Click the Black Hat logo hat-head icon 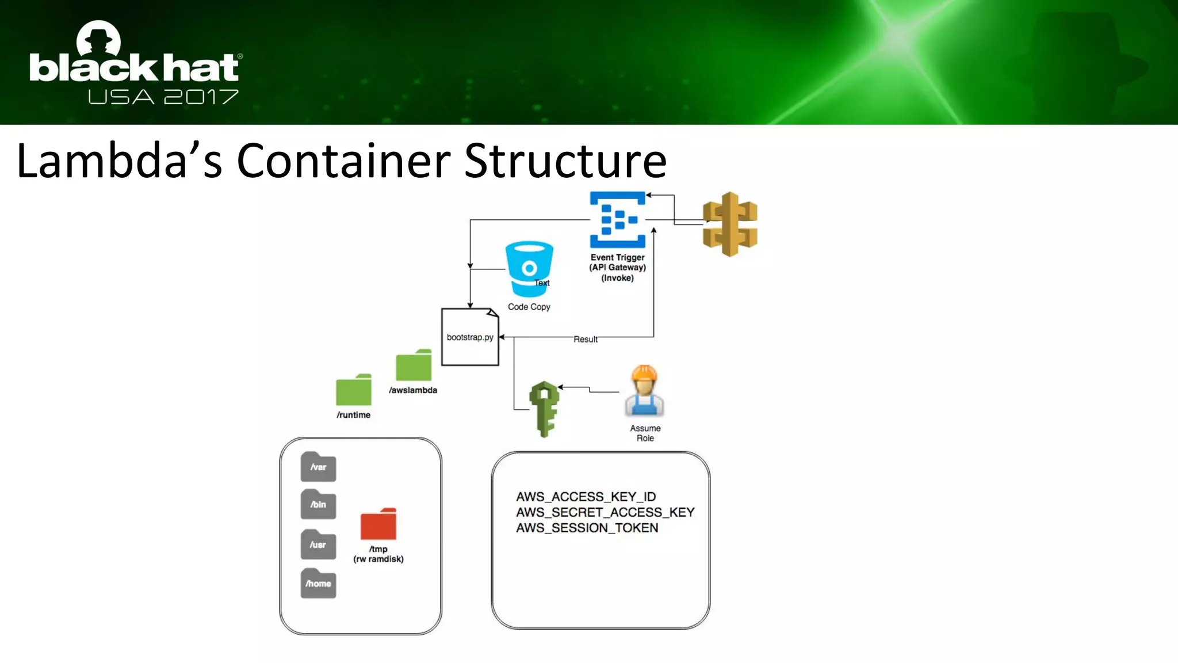98,40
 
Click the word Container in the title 343,161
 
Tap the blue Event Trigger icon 617,219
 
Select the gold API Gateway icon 730,224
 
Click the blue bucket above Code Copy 529,268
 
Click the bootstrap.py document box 470,337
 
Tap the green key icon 544,408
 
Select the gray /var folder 318,467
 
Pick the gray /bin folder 318,504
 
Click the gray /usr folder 318,544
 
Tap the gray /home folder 318,583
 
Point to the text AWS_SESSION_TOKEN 587,528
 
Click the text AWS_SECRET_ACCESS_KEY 605,512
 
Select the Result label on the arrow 586,340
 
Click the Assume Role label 645,433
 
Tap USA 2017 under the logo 163,97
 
